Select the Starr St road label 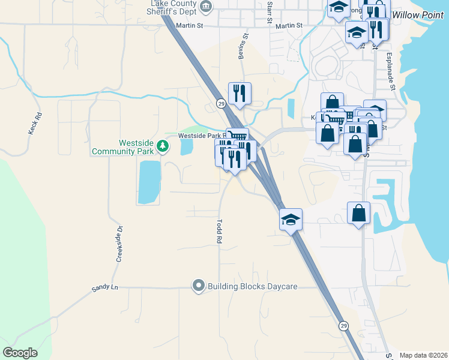[270, 13]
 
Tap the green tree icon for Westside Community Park [162, 145]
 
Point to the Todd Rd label [219, 230]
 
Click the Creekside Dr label [118, 244]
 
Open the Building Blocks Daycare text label [252, 286]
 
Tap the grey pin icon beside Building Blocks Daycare [199, 286]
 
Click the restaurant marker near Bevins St [240, 94]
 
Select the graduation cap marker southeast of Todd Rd [291, 220]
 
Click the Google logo [20, 353]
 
